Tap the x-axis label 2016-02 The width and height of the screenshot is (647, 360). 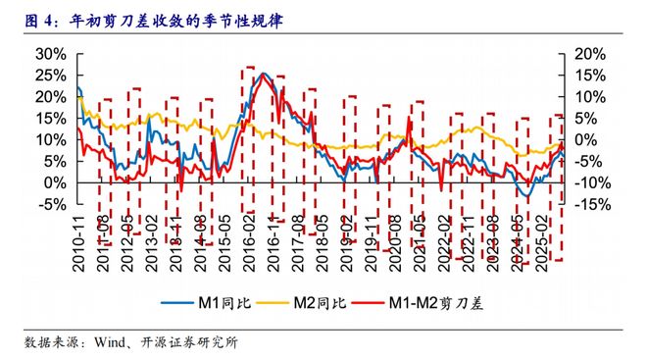pyautogui.click(x=248, y=240)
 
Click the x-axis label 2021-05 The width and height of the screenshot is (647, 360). pyautogui.click(x=423, y=240)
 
